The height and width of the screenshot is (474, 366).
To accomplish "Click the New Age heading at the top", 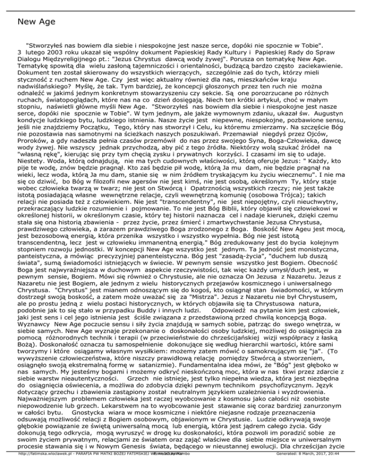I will click(36, 21).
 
